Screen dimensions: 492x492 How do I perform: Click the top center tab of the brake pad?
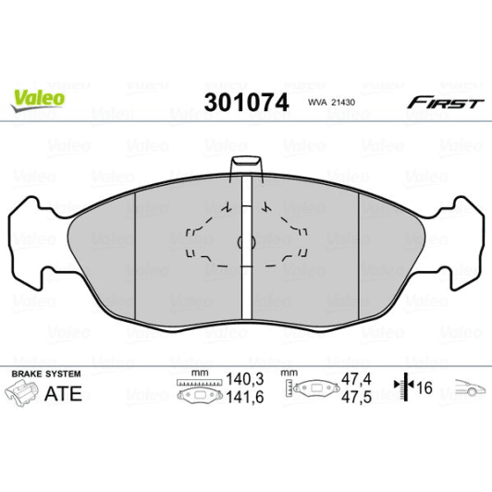click(x=246, y=166)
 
